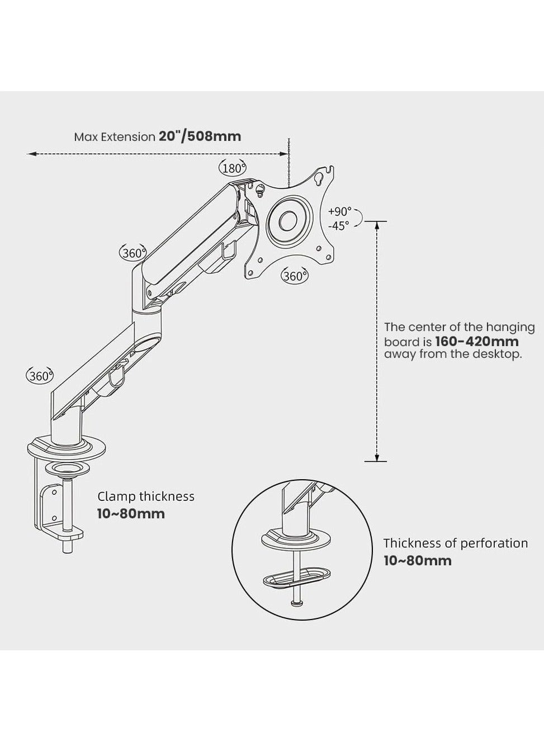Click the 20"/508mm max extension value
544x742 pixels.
click(x=200, y=136)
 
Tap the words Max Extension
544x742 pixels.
click(x=114, y=137)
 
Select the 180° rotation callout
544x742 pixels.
click(x=232, y=168)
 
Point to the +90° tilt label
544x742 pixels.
click(x=340, y=212)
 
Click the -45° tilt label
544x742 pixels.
click(x=339, y=225)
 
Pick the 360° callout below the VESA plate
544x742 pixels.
click(x=294, y=276)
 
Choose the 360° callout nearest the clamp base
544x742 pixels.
click(x=40, y=376)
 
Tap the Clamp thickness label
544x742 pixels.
click(x=146, y=497)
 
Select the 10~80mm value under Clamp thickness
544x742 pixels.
click(x=131, y=514)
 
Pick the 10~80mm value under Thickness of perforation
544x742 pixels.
click(x=417, y=560)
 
